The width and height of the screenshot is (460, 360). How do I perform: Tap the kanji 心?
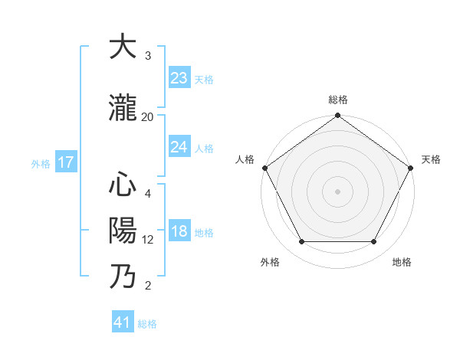pos(123,185)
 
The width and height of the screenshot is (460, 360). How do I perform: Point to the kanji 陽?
pos(123,230)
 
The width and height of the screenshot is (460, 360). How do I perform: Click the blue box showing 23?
pos(179,78)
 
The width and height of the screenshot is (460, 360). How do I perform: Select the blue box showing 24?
pos(179,147)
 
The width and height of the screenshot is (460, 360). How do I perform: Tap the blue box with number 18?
pos(179,232)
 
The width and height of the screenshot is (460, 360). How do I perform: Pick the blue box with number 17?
pos(66,162)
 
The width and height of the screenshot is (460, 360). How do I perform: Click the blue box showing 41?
pos(123,322)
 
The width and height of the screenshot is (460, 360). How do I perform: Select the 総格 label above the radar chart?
pos(337,100)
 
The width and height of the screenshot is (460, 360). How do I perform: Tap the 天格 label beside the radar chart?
pos(431,159)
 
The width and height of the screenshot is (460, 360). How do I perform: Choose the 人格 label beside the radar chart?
pos(245,159)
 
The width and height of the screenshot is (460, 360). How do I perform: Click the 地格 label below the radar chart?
pos(402,263)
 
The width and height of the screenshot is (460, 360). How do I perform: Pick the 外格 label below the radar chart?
pos(270,263)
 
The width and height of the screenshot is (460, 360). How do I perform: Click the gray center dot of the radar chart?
pos(337,191)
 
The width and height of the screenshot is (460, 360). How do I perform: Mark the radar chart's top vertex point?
pos(337,116)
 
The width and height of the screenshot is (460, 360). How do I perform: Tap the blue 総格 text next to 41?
pos(147,324)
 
